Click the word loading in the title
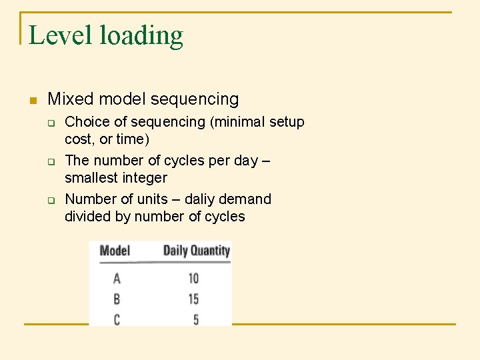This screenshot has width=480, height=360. [x=141, y=37]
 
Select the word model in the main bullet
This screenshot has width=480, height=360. [x=119, y=99]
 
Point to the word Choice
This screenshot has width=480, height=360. [x=87, y=122]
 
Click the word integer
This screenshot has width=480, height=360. [x=145, y=179]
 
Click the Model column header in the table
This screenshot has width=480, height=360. [x=115, y=251]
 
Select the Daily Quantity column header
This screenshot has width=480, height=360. [x=196, y=251]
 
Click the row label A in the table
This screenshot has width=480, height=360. [x=117, y=279]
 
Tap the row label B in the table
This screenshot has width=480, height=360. [x=117, y=299]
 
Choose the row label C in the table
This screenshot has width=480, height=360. [x=117, y=320]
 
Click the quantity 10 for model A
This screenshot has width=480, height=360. [x=193, y=279]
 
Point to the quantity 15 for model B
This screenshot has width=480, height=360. [x=193, y=299]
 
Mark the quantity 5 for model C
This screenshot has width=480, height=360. [x=196, y=320]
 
